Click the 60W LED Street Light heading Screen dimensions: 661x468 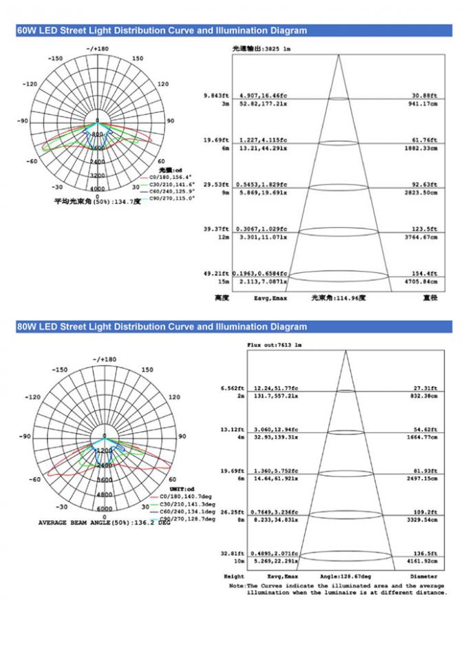click(162, 30)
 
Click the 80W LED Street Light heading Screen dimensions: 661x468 click(162, 327)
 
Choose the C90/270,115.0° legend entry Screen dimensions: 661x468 click(169, 198)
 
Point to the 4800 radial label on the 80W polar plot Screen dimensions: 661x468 click(105, 494)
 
